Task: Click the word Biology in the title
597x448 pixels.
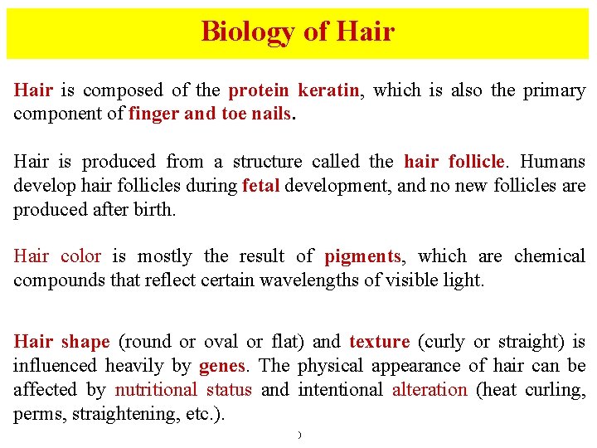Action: coord(247,32)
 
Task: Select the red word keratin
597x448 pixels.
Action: coord(328,90)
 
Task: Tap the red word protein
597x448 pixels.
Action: coord(259,90)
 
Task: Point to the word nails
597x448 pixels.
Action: coord(269,114)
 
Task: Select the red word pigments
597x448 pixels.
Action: coord(362,256)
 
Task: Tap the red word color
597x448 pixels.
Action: coord(80,256)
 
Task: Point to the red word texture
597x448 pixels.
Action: coord(379,342)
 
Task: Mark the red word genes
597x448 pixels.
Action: coord(221,366)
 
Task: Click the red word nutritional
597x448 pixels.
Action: coord(156,390)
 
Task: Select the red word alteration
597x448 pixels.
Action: coord(430,390)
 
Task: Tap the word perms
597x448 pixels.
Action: coord(32,414)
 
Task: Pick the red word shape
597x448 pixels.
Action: coord(85,342)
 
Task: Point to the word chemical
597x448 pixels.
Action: coord(550,256)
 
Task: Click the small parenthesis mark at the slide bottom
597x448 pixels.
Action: coord(298,436)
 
